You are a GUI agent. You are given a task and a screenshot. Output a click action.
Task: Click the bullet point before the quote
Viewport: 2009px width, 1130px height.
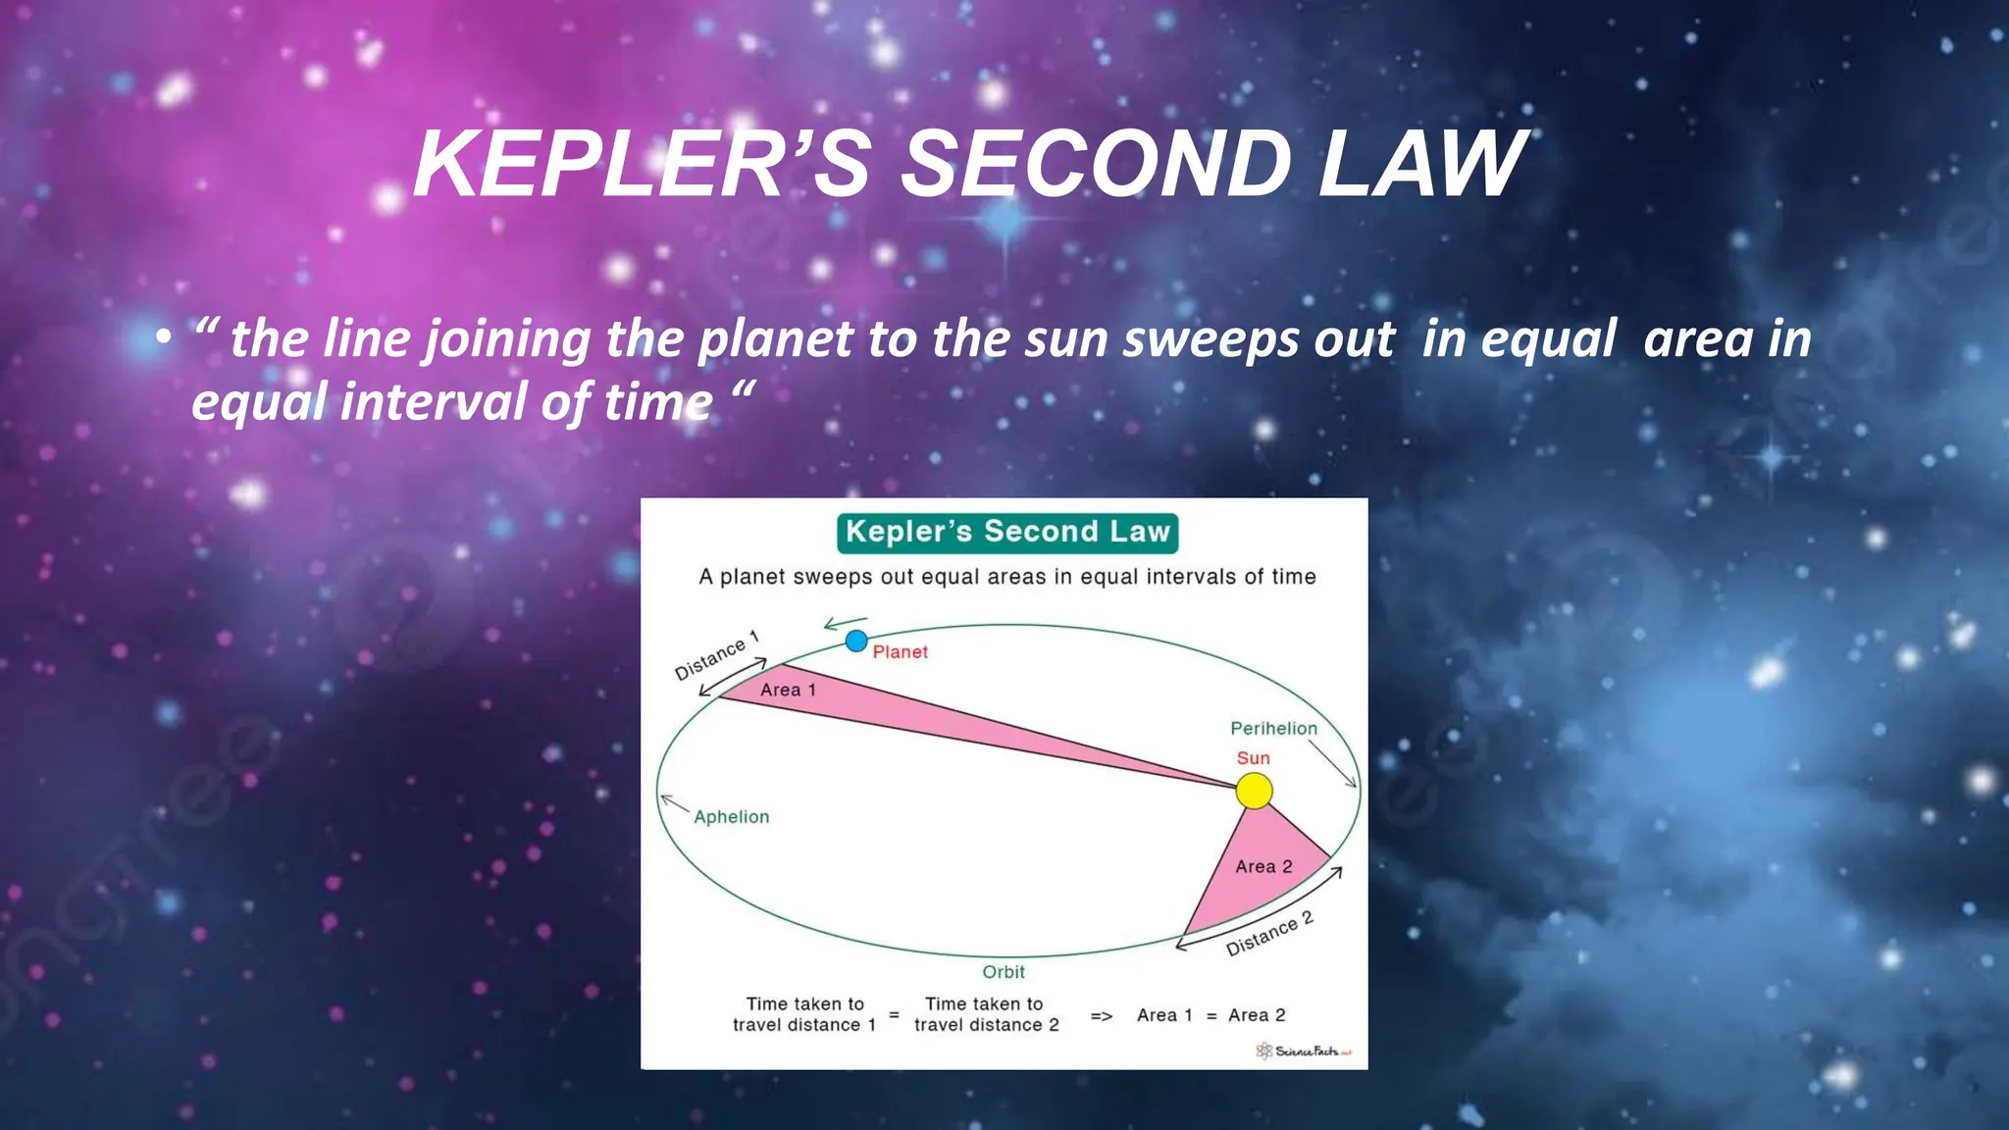coord(164,338)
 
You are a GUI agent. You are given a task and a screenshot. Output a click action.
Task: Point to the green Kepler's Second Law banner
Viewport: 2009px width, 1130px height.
coord(1007,533)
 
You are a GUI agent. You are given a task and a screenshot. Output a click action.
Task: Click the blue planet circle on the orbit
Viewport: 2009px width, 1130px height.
coord(856,642)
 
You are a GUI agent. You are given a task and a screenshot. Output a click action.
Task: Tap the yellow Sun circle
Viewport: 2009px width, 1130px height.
coord(1254,791)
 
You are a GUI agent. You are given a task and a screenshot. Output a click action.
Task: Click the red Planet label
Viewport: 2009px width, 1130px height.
coord(900,652)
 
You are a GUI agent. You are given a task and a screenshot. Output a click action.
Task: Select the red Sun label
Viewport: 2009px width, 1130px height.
coord(1253,758)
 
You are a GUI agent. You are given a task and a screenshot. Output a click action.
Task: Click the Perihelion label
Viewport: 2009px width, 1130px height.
coord(1273,728)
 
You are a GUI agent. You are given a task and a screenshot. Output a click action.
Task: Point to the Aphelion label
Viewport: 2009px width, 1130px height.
coord(731,817)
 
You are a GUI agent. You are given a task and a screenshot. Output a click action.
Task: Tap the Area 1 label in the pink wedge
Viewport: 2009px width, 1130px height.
coord(788,690)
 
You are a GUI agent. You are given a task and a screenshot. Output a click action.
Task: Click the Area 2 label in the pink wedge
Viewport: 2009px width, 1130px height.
coord(1263,867)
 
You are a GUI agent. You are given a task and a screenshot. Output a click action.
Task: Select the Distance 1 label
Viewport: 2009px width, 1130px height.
coord(716,655)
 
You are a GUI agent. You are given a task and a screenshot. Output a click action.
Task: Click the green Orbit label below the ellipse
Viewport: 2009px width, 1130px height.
coord(1004,972)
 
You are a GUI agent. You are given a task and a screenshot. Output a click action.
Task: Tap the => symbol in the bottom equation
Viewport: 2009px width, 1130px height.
coord(1102,1016)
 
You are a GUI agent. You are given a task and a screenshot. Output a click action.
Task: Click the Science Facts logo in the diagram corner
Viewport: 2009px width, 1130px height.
coord(1304,1052)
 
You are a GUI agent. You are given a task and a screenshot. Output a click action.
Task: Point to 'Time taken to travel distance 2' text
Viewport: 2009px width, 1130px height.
coord(986,1014)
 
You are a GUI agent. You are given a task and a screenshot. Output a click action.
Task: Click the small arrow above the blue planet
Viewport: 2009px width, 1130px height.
coord(845,623)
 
